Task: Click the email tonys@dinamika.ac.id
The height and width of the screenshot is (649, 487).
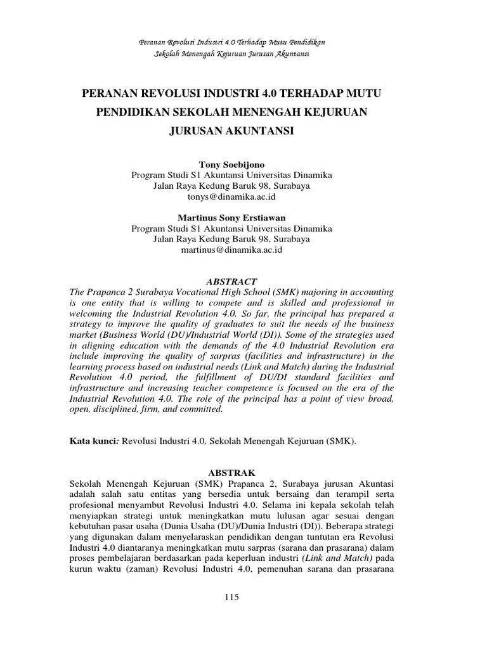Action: (231, 197)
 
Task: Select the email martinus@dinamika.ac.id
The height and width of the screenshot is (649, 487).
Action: (231, 250)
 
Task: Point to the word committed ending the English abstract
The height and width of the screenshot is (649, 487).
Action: (202, 409)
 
